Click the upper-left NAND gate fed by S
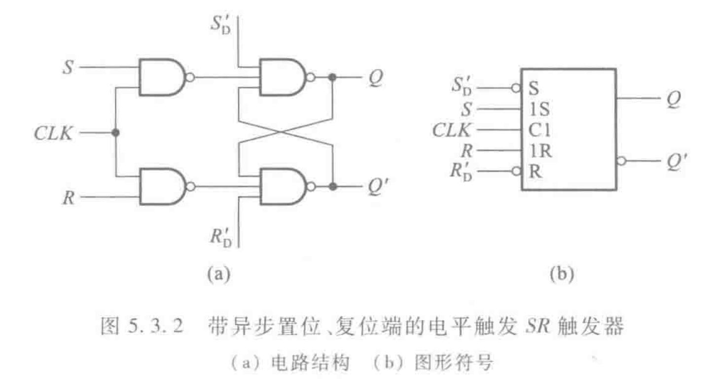point(161,77)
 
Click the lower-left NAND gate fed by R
point(161,187)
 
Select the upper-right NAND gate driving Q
point(282,77)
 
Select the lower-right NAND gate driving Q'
point(282,187)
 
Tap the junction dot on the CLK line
point(116,133)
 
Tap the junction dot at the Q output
point(333,77)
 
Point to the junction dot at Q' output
point(333,187)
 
